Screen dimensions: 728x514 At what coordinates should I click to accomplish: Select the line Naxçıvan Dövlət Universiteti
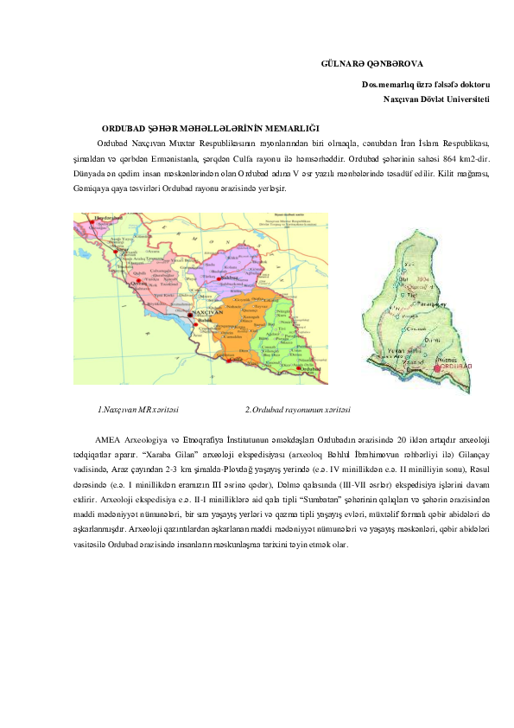pos(437,99)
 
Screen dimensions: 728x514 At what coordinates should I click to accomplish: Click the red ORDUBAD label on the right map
pos(455,367)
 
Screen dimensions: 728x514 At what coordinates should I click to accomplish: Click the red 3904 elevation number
pos(422,280)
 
